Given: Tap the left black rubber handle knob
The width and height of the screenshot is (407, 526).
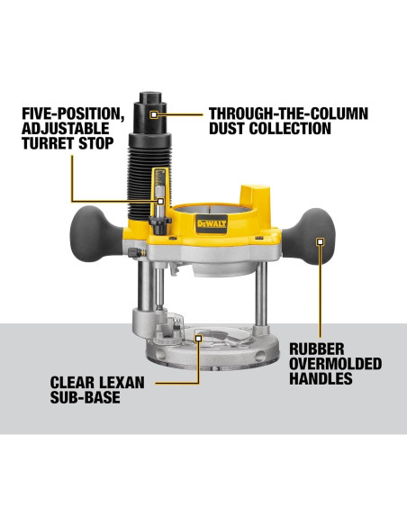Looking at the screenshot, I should (x=96, y=224).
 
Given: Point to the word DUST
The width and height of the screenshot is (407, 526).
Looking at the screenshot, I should (x=230, y=129).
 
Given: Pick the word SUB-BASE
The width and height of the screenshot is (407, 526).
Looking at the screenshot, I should (x=85, y=397).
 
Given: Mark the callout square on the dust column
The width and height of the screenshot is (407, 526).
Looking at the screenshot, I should (x=155, y=114).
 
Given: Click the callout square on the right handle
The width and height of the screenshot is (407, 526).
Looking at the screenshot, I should (x=319, y=240).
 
